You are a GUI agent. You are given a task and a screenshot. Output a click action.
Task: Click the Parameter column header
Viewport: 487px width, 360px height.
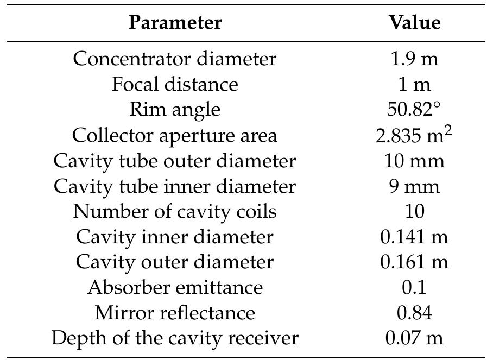pos(175,23)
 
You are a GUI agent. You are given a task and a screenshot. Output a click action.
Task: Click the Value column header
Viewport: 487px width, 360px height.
pos(414,23)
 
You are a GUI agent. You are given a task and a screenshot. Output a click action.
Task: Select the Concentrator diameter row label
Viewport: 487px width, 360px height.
pos(175,59)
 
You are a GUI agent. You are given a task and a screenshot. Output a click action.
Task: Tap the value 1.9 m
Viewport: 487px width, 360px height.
pos(414,59)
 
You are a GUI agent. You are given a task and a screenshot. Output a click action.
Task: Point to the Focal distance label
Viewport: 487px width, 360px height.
pos(175,84)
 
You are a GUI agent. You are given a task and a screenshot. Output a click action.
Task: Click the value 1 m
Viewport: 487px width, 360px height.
pos(414,84)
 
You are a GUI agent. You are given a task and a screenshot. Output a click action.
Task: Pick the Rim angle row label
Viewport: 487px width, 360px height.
pos(175,110)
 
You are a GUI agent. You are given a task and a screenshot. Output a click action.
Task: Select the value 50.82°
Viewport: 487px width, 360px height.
pos(414,110)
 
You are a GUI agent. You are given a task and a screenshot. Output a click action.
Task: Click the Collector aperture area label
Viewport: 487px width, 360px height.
pos(175,135)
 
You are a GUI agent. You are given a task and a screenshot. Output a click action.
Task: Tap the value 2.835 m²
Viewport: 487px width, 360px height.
pos(414,135)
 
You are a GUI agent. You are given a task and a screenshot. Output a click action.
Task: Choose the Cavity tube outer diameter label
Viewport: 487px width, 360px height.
pos(175,161)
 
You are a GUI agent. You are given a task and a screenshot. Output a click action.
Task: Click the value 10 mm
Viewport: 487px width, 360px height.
pos(414,161)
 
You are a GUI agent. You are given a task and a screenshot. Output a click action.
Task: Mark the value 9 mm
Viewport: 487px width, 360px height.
pos(414,186)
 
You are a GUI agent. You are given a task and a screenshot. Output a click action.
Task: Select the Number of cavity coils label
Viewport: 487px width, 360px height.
pos(175,211)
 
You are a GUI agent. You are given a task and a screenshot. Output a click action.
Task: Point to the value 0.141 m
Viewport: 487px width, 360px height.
pos(414,237)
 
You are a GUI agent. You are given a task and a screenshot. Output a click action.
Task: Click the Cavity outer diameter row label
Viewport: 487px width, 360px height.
pos(175,262)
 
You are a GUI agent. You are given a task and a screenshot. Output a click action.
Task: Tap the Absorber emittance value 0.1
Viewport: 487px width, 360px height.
pos(414,287)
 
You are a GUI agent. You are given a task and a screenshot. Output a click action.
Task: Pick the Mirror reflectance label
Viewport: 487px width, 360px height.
pos(175,313)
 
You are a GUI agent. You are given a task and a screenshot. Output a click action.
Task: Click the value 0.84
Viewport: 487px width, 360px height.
pos(414,313)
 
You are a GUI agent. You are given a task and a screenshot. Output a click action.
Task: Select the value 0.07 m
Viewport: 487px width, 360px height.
pos(414,338)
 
